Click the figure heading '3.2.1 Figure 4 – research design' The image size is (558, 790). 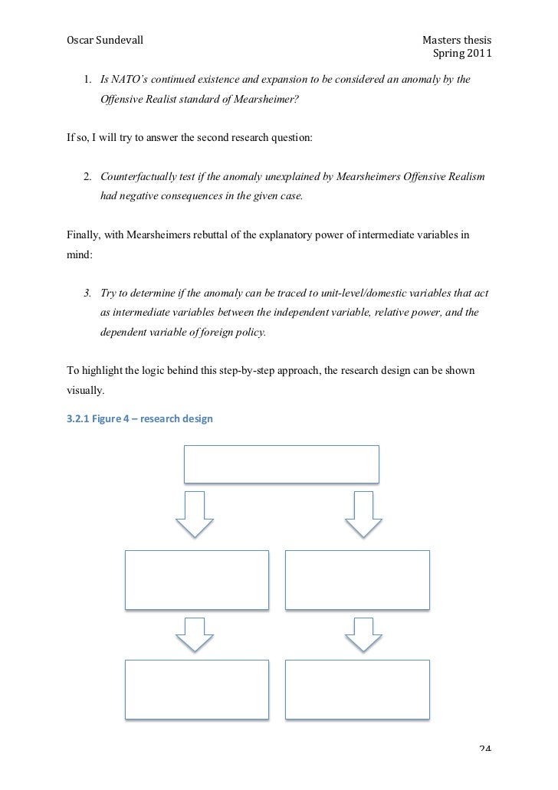pyautogui.click(x=140, y=419)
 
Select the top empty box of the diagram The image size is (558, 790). pyautogui.click(x=281, y=464)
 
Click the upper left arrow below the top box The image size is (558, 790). pyautogui.click(x=195, y=514)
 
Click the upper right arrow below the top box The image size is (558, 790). pyautogui.click(x=363, y=514)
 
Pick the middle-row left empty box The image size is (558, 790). pyautogui.click(x=197, y=580)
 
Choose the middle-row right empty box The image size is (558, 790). pyautogui.click(x=357, y=580)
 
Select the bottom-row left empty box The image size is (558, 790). pyautogui.click(x=197, y=690)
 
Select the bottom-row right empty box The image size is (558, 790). pyautogui.click(x=357, y=690)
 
